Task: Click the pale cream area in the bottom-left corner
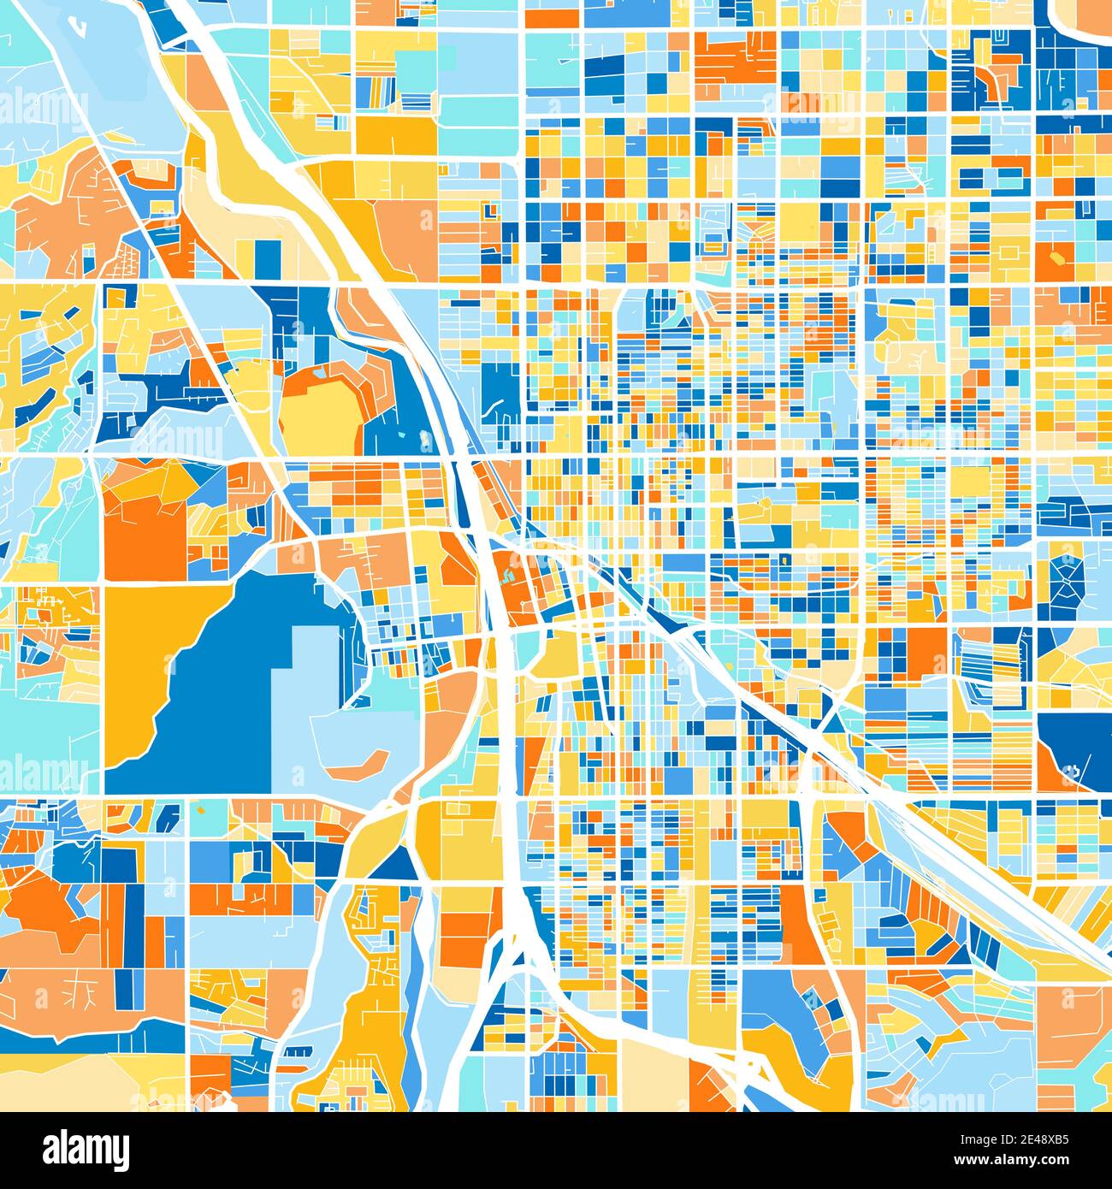[x=77, y=1082]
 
